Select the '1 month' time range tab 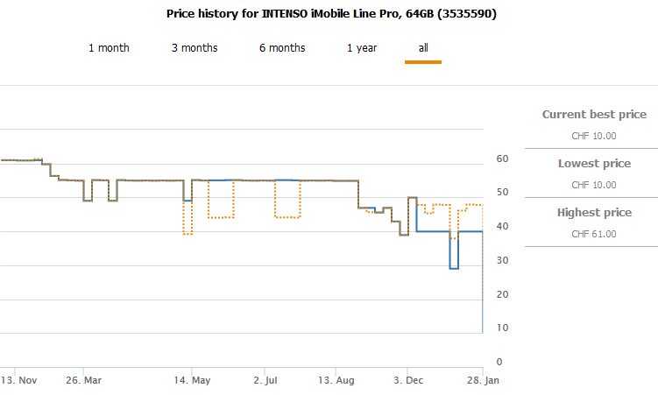(x=109, y=47)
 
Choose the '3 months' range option (x=195, y=47)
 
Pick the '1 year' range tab (x=362, y=47)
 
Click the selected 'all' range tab (x=423, y=47)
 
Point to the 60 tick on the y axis (x=502, y=159)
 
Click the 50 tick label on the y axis (x=502, y=193)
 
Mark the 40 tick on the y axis (x=502, y=226)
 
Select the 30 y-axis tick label (x=502, y=260)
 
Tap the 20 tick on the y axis (x=502, y=294)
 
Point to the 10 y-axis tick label (x=502, y=328)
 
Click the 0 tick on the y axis (x=499, y=362)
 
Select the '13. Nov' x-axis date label (x=18, y=381)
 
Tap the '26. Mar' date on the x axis (x=84, y=381)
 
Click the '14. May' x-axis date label (x=194, y=381)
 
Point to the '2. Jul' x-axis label (x=265, y=381)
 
